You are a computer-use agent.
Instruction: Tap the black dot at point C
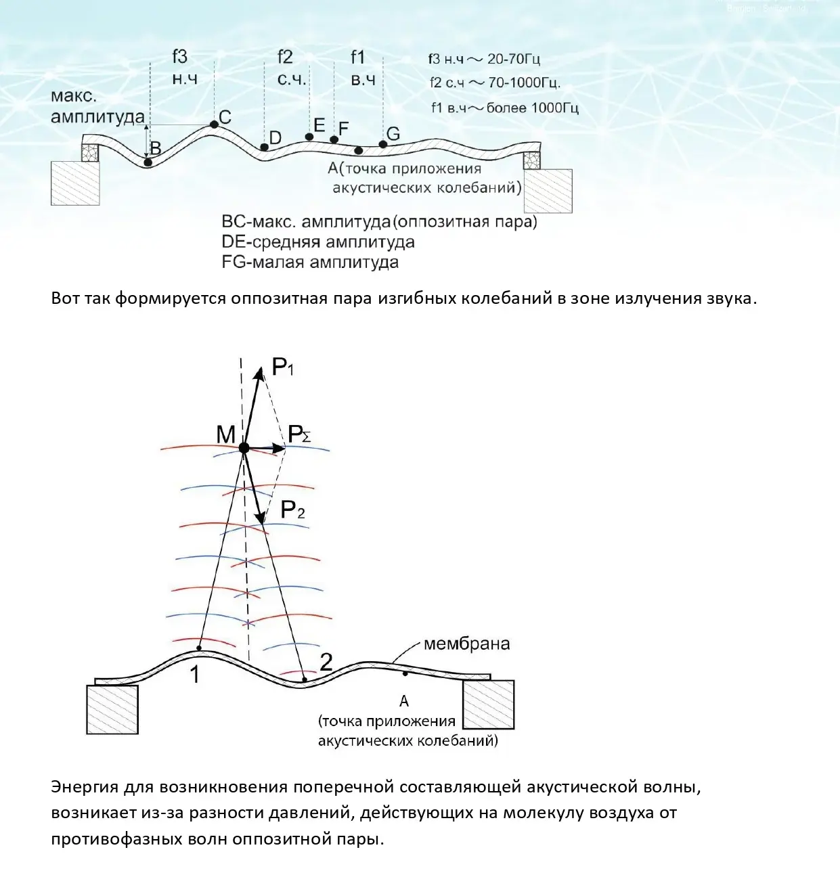[x=214, y=124]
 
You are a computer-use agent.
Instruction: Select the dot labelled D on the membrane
[x=264, y=146]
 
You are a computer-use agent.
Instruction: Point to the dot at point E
[x=309, y=137]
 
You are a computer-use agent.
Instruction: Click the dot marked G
[x=382, y=144]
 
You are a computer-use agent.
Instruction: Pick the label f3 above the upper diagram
[x=179, y=57]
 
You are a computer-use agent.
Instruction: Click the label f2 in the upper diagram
[x=285, y=57]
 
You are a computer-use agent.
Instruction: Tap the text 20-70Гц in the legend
[x=514, y=60]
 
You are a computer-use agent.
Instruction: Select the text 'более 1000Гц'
[x=533, y=108]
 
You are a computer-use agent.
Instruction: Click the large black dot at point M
[x=244, y=448]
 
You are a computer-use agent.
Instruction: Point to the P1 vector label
[x=283, y=367]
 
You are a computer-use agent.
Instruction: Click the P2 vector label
[x=293, y=510]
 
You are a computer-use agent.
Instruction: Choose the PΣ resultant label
[x=299, y=434]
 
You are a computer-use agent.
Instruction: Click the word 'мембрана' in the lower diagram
[x=466, y=644]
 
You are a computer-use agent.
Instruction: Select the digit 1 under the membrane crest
[x=195, y=675]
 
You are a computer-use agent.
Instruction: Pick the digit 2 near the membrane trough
[x=326, y=662]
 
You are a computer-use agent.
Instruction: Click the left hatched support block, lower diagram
[x=112, y=709]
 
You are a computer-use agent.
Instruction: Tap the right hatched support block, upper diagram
[x=548, y=191]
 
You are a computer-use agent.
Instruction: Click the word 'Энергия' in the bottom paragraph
[x=84, y=787]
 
